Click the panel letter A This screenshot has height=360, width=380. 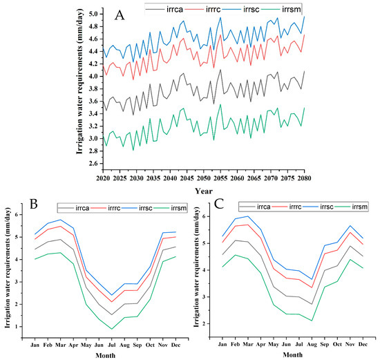pos(120,16)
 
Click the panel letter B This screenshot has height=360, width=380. pos(34,204)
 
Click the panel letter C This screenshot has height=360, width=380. pos(219,204)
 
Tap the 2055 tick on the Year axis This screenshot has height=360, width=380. pos(220,178)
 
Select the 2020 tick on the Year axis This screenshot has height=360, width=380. pos(103,178)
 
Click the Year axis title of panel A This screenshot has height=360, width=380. pos(204,191)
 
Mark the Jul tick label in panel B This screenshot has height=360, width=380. pos(112,345)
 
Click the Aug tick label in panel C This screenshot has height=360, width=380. pos(312,344)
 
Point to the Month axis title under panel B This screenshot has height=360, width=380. pos(106,356)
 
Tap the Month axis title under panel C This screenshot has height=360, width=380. pos(292,355)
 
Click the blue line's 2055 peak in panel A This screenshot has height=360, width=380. pos(220,17)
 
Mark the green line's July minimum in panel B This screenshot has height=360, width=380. pos(112,329)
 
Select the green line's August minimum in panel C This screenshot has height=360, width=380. pos(312,321)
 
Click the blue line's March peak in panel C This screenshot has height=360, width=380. pos(247,216)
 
